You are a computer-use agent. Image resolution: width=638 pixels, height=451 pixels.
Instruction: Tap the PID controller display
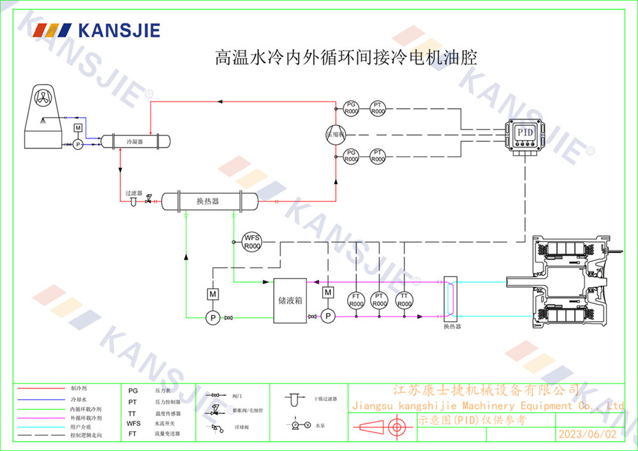(x=525, y=132)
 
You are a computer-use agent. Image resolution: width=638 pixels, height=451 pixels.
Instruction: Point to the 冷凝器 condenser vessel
(x=135, y=141)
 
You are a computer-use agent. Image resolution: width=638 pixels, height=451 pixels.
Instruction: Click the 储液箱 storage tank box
(x=290, y=300)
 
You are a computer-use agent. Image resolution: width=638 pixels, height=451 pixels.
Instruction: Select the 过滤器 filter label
(x=133, y=192)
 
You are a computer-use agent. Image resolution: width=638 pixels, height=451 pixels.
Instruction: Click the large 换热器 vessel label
(x=208, y=201)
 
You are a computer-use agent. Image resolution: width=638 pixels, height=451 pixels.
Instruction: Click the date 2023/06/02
(x=588, y=434)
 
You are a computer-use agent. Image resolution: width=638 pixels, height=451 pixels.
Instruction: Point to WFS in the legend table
(x=133, y=423)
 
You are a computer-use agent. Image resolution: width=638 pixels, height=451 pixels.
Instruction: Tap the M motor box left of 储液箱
(x=212, y=294)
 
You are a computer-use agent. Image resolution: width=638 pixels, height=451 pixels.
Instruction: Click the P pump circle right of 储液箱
(x=328, y=316)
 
